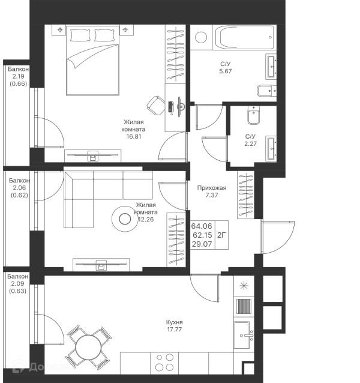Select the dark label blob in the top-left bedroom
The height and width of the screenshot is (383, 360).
tap(133, 127)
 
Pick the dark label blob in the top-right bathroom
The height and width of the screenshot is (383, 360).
tap(226, 67)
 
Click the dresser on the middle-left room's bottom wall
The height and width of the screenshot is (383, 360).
tap(103, 262)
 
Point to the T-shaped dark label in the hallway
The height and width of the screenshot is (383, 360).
tap(213, 191)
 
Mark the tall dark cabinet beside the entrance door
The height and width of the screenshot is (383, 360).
tap(245, 195)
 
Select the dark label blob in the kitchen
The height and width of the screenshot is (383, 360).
tap(175, 325)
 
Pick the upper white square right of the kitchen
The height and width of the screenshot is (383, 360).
tap(271, 288)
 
